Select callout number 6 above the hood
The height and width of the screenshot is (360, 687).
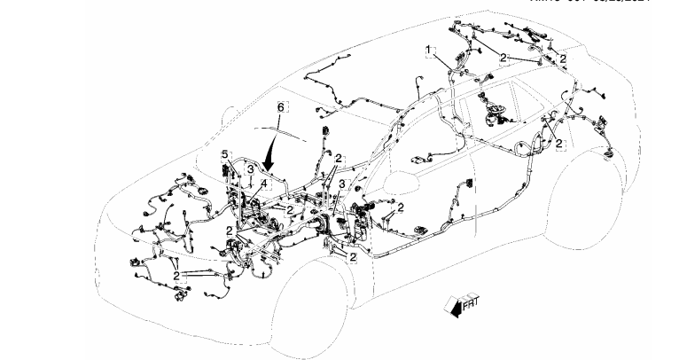click(x=281, y=107)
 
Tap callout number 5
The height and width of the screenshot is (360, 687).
click(x=225, y=154)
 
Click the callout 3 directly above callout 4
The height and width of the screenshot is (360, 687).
click(x=251, y=168)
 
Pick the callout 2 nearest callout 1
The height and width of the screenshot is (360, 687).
click(x=504, y=58)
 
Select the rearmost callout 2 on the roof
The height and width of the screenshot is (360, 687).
click(x=563, y=58)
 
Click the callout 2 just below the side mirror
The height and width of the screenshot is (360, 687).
click(x=401, y=207)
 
